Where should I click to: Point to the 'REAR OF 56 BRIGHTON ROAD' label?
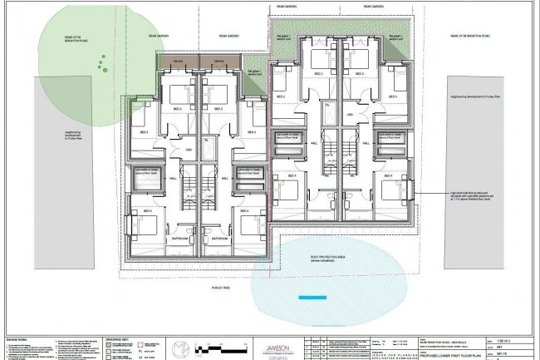click(x=469, y=36)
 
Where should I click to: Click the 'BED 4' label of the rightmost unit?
click(x=387, y=176)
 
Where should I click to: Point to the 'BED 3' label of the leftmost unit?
click(x=143, y=132)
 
